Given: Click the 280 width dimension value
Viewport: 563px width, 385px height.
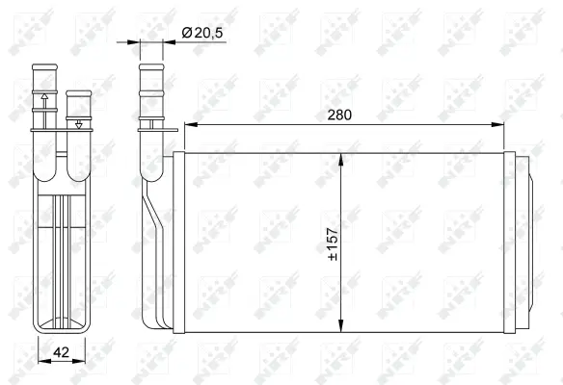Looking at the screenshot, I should [x=338, y=115].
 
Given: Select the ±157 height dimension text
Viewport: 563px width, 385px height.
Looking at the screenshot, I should [x=333, y=245].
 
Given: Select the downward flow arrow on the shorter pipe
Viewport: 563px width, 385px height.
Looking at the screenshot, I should [x=77, y=123].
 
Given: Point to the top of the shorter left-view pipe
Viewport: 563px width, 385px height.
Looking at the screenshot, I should [x=77, y=94].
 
